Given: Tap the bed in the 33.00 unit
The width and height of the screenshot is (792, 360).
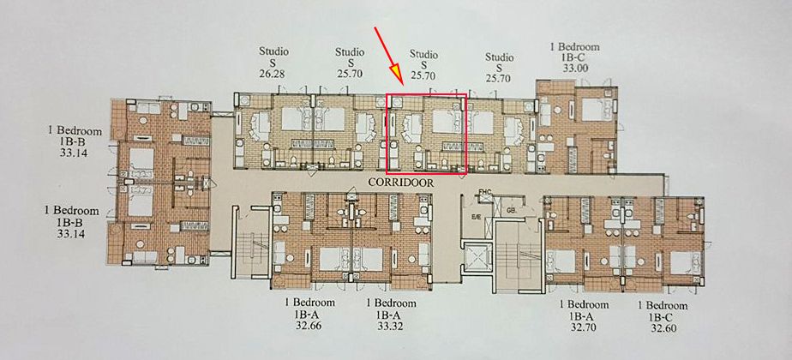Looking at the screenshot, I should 592,111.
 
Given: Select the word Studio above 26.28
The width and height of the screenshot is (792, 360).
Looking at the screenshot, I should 273,51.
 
